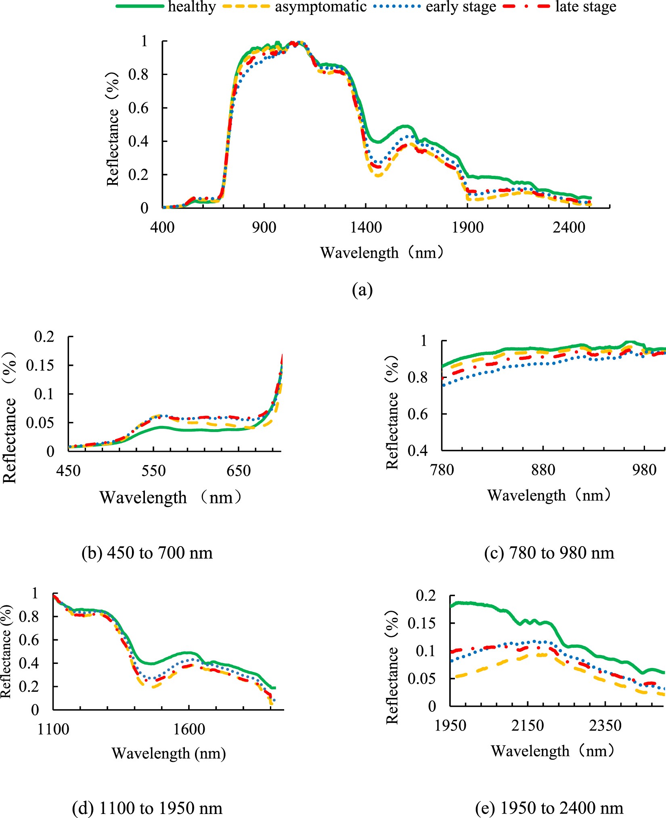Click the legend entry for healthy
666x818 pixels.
(192, 7)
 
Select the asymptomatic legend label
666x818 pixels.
(320, 7)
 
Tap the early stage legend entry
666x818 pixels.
(461, 7)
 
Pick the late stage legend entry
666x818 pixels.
(585, 7)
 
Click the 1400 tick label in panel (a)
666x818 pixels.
(366, 227)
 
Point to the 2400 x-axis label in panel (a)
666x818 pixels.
(569, 227)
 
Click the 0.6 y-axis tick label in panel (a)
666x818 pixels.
(138, 108)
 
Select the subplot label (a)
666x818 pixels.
(362, 290)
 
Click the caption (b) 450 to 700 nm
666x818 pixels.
(147, 552)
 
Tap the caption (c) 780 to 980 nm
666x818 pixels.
(549, 552)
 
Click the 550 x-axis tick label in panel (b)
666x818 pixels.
(153, 471)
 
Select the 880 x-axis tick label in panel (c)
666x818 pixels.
(543, 470)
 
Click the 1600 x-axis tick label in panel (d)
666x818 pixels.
(189, 729)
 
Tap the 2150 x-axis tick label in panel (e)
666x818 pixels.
(528, 725)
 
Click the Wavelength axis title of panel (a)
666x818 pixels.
(382, 253)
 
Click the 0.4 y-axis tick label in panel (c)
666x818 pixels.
(417, 450)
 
